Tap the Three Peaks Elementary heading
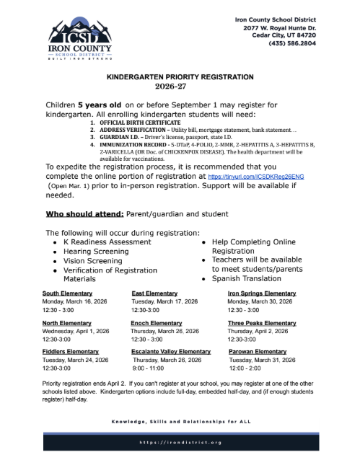tap(262, 322)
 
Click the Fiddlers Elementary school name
tap(71, 350)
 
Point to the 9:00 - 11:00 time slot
tap(150, 367)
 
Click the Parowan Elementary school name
tap(258, 350)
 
